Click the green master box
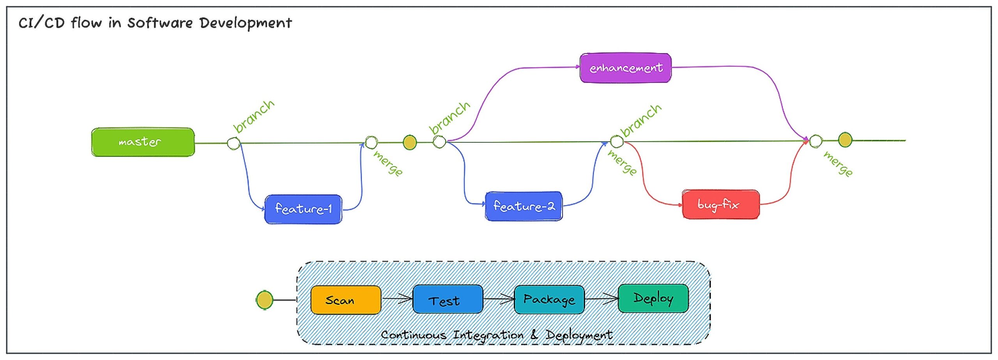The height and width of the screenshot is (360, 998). [x=143, y=142]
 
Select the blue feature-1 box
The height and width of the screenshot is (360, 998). [x=303, y=209]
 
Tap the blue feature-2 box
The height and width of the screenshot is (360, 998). [x=524, y=206]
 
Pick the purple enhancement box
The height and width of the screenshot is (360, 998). [x=625, y=68]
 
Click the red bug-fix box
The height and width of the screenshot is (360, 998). [x=720, y=204]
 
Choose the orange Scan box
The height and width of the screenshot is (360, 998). [x=346, y=300]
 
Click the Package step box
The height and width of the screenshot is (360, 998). [x=549, y=299]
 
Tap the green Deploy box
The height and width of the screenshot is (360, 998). [x=653, y=298]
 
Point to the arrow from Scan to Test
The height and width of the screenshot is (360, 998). [x=397, y=299]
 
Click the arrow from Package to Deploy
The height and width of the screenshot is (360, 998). [x=601, y=299]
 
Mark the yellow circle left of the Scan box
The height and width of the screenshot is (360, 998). [x=264, y=300]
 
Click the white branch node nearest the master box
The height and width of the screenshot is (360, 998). [x=234, y=143]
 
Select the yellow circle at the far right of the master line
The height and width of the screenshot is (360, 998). [x=845, y=140]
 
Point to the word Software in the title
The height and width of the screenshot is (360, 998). [x=160, y=23]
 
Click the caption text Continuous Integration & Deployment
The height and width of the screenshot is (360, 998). [x=496, y=335]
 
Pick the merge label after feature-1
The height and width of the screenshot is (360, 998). [x=388, y=163]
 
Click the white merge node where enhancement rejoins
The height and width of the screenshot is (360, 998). [x=816, y=141]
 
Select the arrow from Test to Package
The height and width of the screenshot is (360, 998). [x=499, y=299]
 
